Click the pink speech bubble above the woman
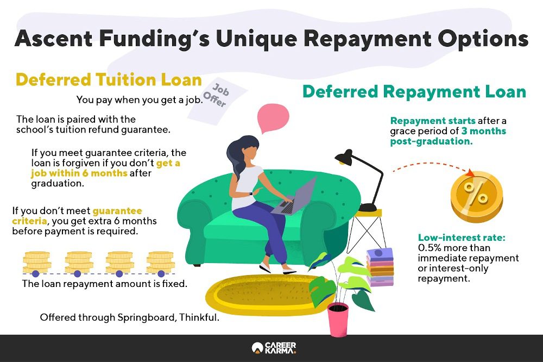click(x=273, y=117)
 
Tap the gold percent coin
click(x=477, y=197)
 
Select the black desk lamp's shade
click(x=344, y=158)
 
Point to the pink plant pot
click(x=338, y=320)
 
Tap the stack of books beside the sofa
click(x=380, y=267)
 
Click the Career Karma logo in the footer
click(x=274, y=348)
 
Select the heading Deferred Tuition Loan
click(x=109, y=80)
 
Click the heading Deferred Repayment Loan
click(x=414, y=92)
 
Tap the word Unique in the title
click(x=256, y=39)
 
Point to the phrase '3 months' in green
click(x=483, y=131)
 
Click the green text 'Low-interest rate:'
click(x=462, y=238)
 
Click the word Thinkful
click(x=199, y=317)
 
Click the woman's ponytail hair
click(x=238, y=158)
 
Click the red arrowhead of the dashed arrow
click(x=470, y=172)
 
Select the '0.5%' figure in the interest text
click(x=430, y=248)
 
